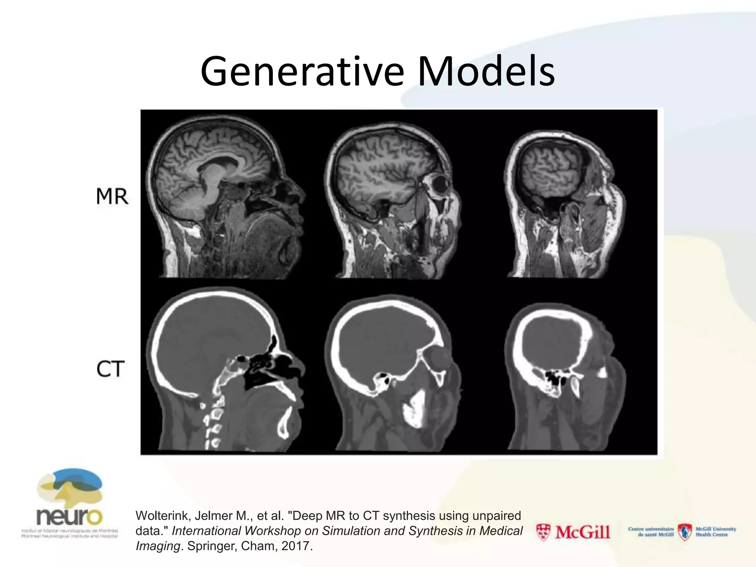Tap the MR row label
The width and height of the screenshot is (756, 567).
(112, 196)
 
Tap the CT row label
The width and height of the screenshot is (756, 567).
(110, 369)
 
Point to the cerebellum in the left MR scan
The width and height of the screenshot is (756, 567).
(186, 199)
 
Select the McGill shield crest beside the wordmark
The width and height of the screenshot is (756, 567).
(543, 532)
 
